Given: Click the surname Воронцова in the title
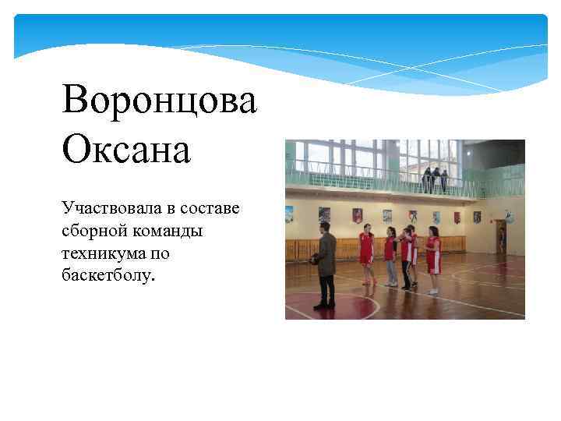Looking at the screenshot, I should click(x=159, y=101).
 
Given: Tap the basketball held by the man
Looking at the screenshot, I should click(x=313, y=259).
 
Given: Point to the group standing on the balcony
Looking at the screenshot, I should click(x=435, y=179).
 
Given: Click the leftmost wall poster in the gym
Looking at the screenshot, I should click(x=290, y=212).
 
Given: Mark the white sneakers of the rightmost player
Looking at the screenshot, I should click(x=433, y=292).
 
